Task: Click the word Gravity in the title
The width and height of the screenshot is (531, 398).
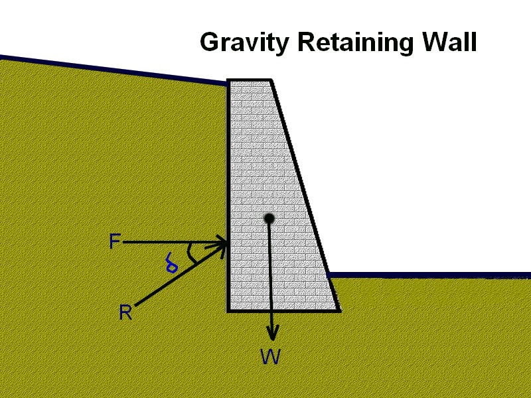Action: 246,42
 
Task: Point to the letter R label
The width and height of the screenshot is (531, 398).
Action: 125,313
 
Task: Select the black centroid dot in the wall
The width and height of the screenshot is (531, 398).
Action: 269,218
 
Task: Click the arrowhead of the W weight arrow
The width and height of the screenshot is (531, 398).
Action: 271,334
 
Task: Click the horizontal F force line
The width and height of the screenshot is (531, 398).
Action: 166,243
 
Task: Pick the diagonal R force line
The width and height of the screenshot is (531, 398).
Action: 173,279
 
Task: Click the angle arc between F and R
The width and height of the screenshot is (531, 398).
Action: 192,253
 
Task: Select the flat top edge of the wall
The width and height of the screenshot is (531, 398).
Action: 249,81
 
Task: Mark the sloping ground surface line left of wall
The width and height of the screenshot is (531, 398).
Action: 113,70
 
